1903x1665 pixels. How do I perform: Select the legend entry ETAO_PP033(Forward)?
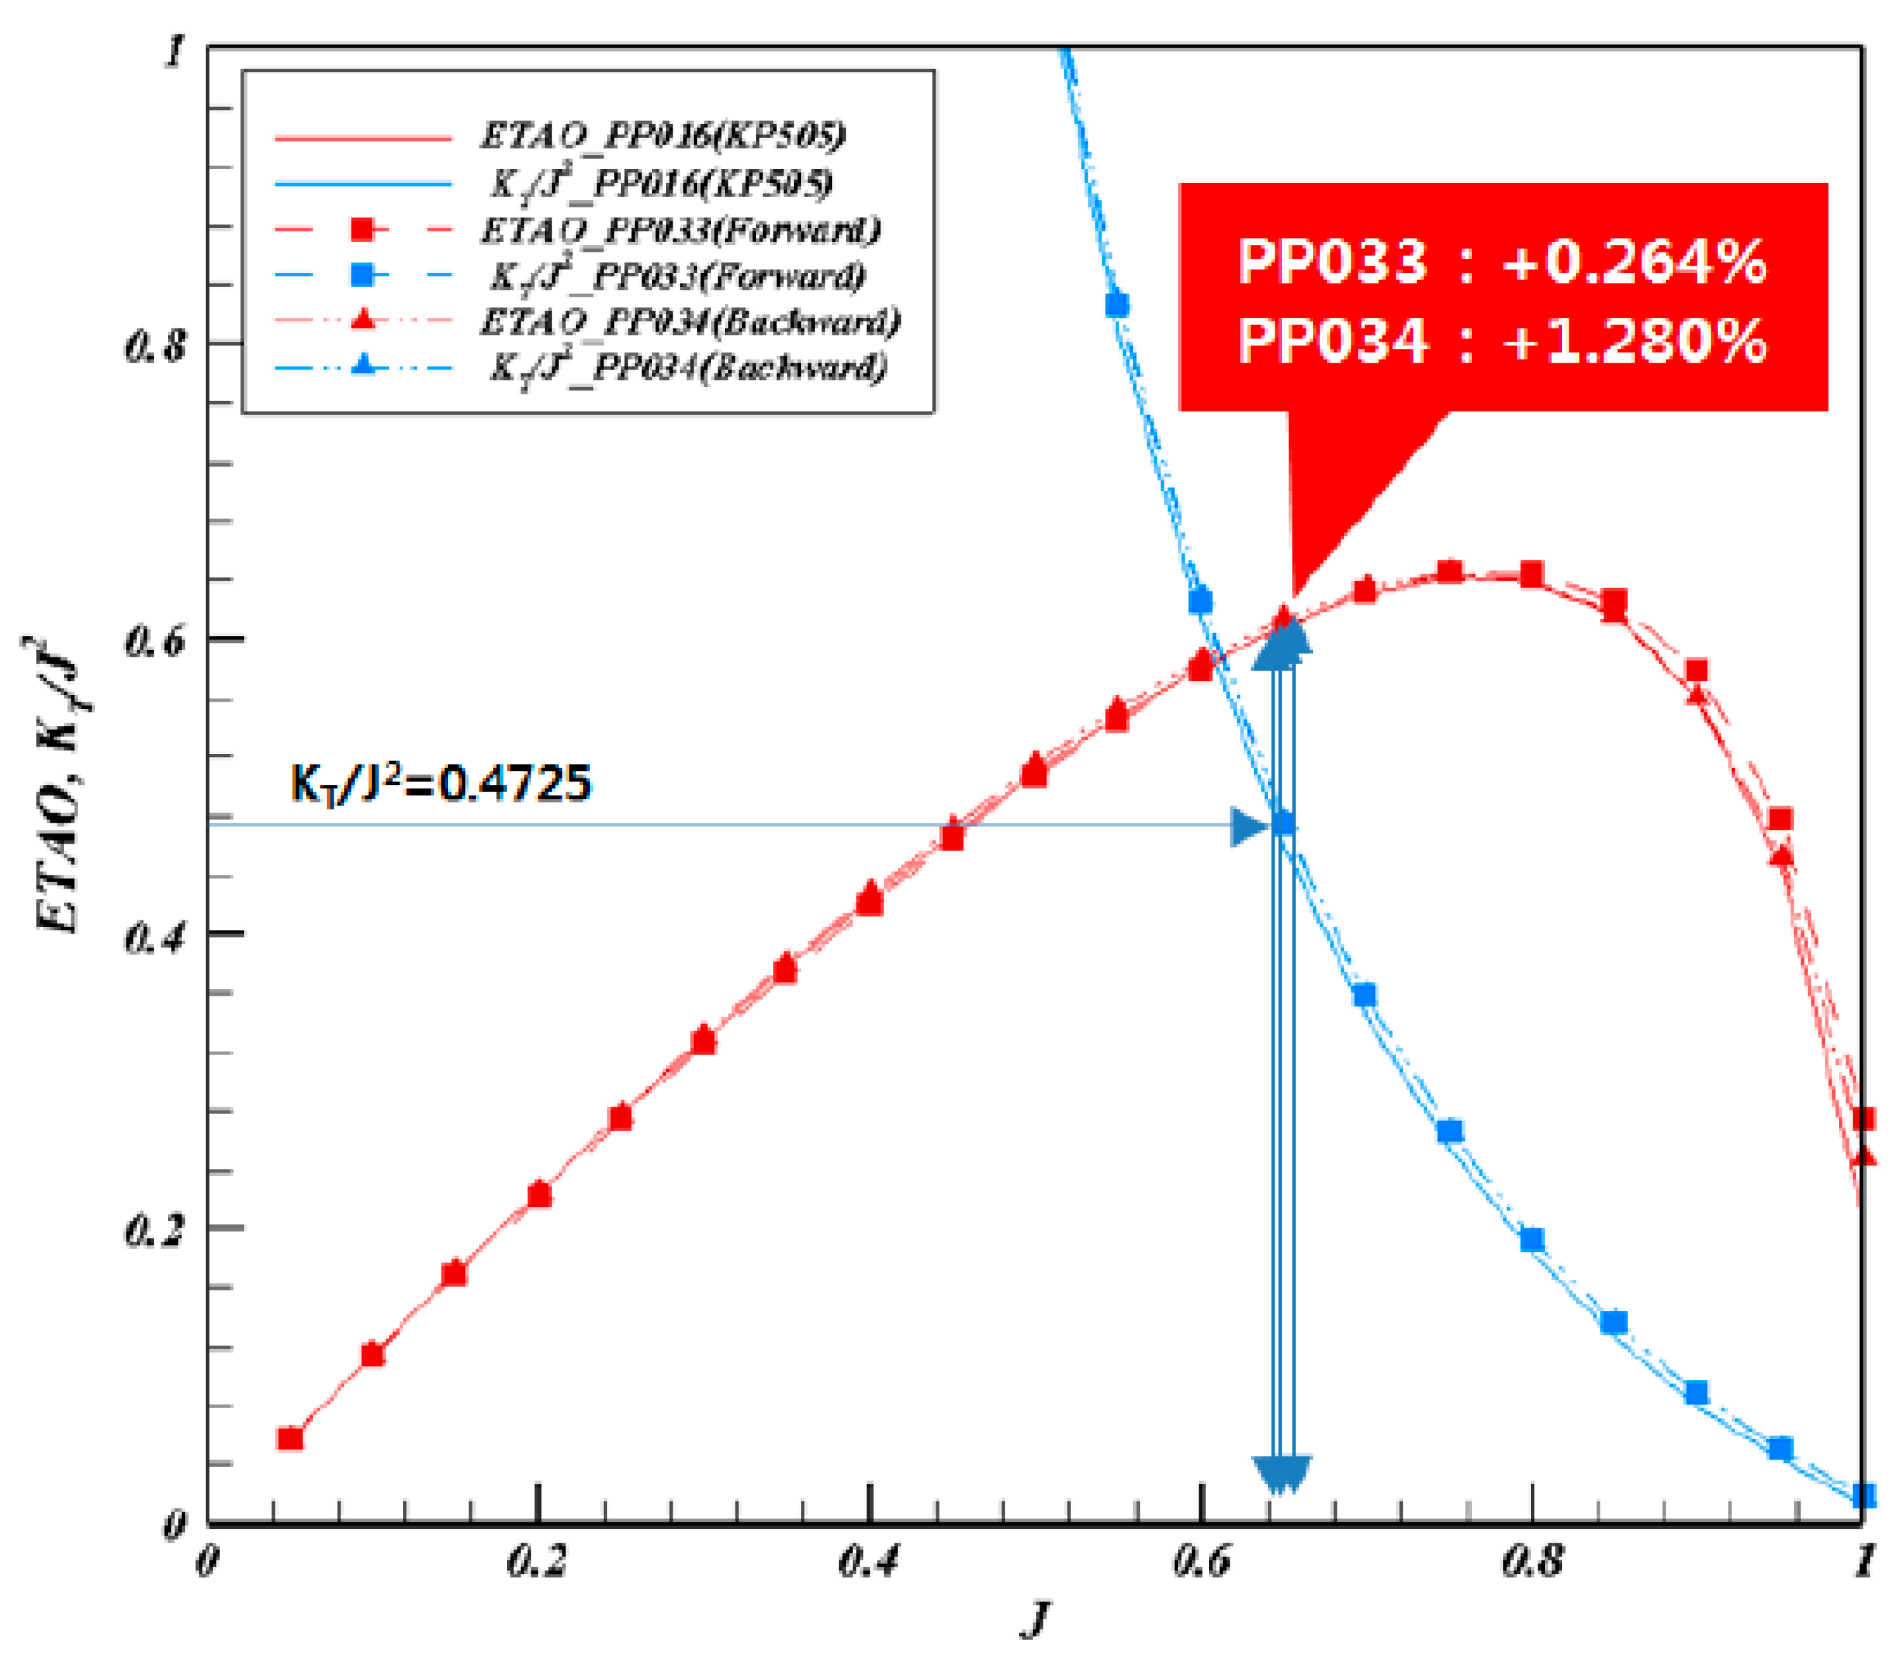679,229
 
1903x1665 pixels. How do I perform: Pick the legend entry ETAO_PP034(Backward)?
689,322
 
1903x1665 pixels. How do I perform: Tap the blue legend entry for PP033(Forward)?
677,275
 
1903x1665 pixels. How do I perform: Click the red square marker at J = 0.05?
290,1438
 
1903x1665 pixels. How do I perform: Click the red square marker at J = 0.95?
1780,819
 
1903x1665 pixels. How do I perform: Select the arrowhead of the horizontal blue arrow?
1248,826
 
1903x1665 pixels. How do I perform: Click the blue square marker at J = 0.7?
1364,996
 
